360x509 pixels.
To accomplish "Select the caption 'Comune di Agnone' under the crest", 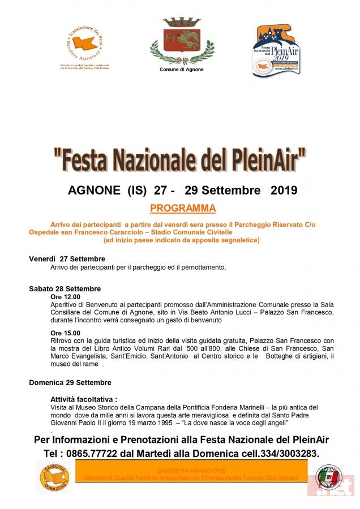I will coord(181,70).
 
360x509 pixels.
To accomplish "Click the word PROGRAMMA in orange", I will coord(183,208).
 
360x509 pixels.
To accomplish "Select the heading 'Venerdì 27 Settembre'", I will coord(67,259).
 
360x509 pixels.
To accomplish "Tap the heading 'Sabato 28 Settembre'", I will coord(65,288).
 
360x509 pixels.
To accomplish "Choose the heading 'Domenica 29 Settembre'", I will coord(70,382).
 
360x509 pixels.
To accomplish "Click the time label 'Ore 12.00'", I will coord(65,296).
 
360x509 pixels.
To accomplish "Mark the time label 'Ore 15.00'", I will coord(65,333).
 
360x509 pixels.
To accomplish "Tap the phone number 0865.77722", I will coord(98,454).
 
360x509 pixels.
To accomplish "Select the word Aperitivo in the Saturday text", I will coord(65,304).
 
